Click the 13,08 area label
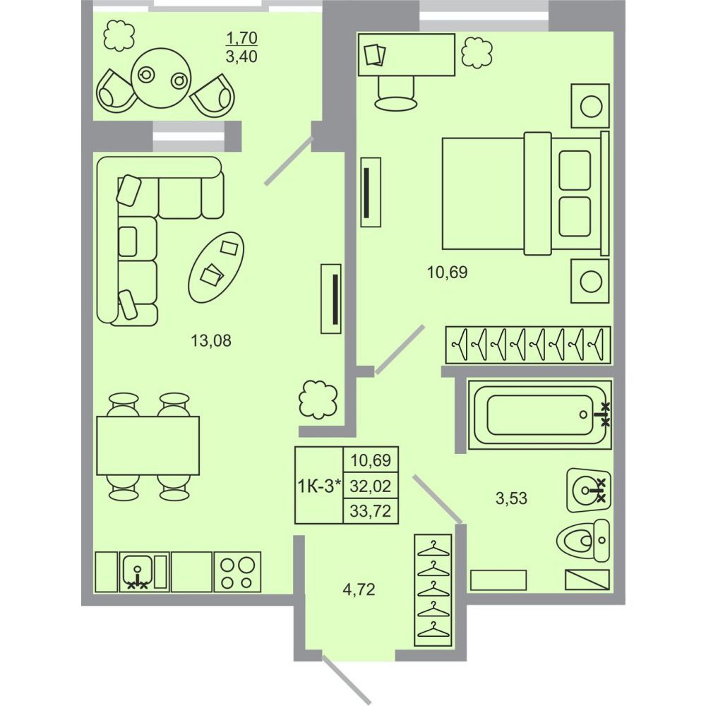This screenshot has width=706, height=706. (x=211, y=340)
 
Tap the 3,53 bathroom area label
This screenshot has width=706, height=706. (x=511, y=498)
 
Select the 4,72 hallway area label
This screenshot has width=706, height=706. (x=359, y=589)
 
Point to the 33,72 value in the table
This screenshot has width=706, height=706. (x=371, y=511)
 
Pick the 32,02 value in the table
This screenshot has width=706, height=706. (x=371, y=486)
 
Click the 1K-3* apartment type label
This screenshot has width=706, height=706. (x=319, y=486)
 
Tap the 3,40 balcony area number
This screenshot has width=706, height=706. (x=241, y=57)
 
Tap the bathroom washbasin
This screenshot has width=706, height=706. (x=589, y=490)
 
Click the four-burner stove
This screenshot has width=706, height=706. (x=237, y=572)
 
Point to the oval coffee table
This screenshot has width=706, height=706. (x=216, y=267)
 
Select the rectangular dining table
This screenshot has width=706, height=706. (x=148, y=445)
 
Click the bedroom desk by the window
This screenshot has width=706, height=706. (x=407, y=54)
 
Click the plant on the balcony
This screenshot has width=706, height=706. (x=119, y=37)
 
